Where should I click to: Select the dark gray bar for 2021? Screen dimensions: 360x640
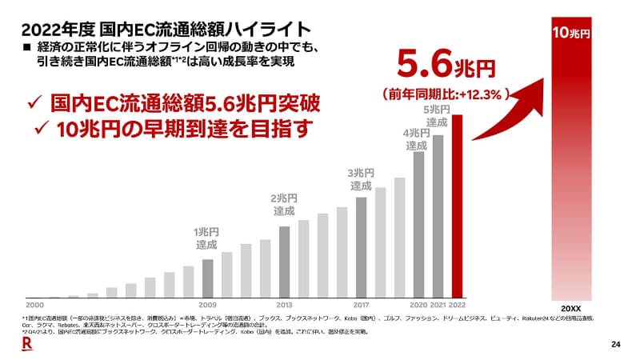coord(438,216)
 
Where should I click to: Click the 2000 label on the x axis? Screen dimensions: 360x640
coord(34,305)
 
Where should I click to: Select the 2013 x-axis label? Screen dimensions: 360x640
coord(284,305)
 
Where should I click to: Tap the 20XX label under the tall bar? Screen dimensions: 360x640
coord(571,308)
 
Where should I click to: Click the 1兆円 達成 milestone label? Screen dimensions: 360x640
coord(206,238)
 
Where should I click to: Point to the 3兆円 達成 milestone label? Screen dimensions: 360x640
coord(361,179)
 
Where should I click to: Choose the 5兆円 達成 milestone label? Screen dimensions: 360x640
coord(436,115)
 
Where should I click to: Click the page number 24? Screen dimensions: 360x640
coord(615,345)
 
